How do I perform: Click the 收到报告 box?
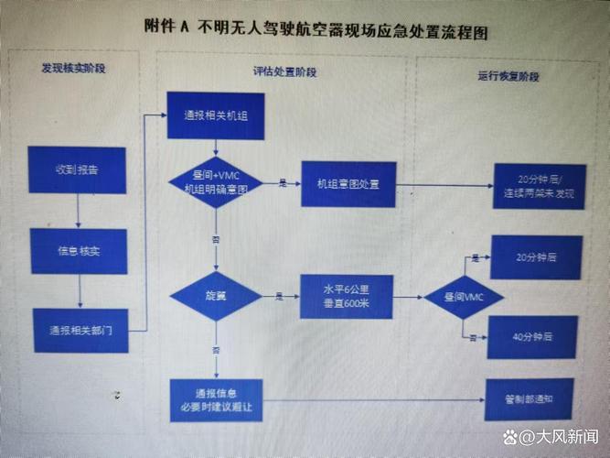tap(76, 169)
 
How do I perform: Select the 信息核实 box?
tap(78, 250)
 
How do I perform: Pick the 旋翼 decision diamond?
tap(216, 295)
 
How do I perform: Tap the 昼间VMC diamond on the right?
tap(465, 297)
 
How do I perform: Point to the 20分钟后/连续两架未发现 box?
tap(539, 186)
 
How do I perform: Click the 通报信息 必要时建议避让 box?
tap(216, 400)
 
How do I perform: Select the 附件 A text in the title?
tap(166, 28)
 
